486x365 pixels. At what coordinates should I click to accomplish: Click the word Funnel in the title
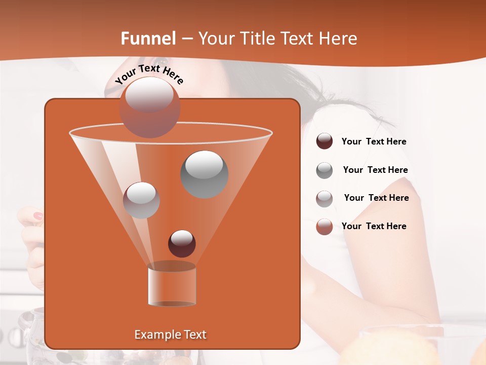[x=148, y=39]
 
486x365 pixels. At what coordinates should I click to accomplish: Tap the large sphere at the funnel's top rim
[x=150, y=107]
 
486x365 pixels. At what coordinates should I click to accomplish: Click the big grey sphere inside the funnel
[x=205, y=174]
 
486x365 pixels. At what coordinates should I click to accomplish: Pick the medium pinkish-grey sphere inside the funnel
[x=142, y=200]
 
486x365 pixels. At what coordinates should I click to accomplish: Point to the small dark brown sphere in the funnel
[x=182, y=243]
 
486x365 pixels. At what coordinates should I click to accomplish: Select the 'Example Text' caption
[x=170, y=335]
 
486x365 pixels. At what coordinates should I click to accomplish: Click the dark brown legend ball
[x=325, y=141]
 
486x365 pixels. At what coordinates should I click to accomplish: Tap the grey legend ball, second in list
[x=325, y=170]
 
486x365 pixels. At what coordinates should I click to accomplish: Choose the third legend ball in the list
[x=325, y=198]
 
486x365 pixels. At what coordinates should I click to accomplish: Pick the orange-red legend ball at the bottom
[x=325, y=227]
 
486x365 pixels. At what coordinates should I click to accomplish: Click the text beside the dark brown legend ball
[x=374, y=142]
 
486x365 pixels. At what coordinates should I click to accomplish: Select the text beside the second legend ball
[x=375, y=170]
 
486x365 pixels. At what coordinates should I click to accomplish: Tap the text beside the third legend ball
[x=376, y=198]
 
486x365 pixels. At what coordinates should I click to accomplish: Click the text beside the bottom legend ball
[x=374, y=227]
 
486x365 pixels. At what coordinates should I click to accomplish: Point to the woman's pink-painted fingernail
[x=38, y=216]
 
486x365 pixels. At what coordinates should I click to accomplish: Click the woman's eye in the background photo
[x=163, y=68]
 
